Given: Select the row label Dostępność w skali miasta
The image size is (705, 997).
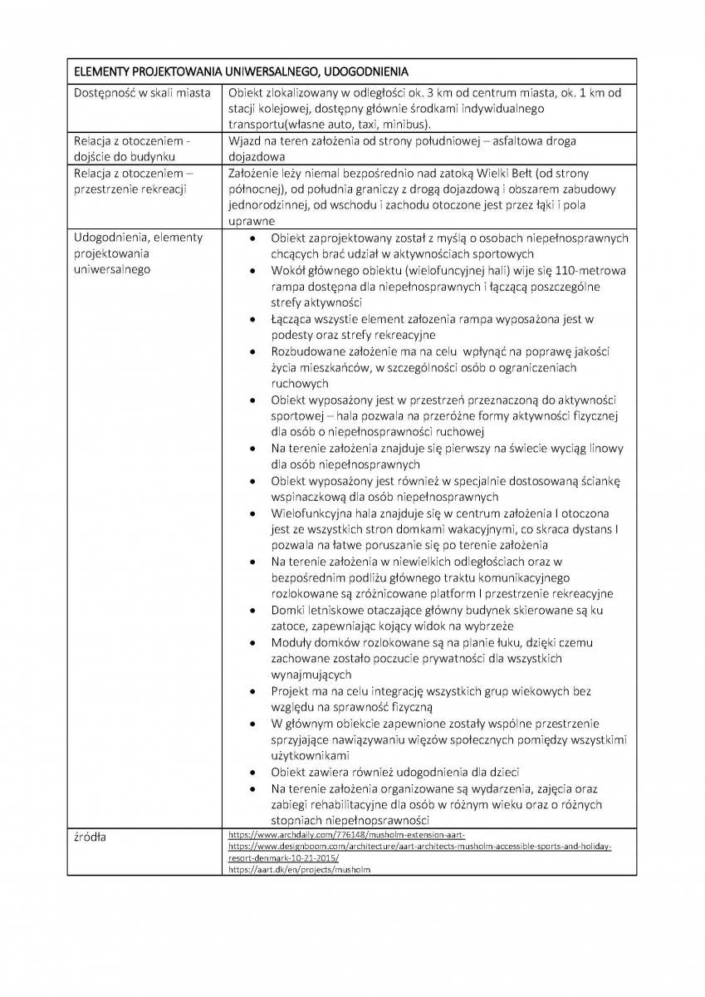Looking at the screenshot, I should (x=142, y=93).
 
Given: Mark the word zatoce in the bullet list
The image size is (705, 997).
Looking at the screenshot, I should (x=289, y=626).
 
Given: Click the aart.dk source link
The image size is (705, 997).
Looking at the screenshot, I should (x=299, y=869).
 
